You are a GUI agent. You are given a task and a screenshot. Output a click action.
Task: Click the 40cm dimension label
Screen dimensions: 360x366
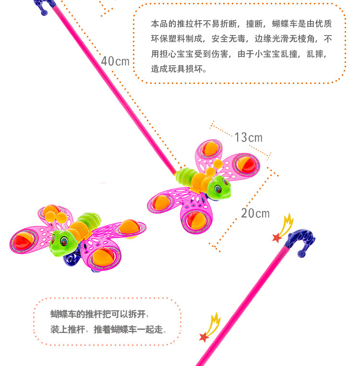click(x=115, y=61)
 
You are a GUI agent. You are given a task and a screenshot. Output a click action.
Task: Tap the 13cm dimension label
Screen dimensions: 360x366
click(x=248, y=138)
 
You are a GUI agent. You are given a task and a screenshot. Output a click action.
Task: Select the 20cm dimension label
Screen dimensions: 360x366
click(x=255, y=213)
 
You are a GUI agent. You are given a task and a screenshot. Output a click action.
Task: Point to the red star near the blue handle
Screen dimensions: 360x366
click(x=277, y=237)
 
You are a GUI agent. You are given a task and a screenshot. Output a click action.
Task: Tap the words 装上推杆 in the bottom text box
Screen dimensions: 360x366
click(x=68, y=330)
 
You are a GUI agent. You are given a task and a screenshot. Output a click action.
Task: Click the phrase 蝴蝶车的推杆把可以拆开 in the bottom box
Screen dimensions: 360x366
click(x=99, y=314)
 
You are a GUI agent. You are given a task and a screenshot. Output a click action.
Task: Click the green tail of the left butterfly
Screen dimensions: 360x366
click(x=91, y=221)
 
